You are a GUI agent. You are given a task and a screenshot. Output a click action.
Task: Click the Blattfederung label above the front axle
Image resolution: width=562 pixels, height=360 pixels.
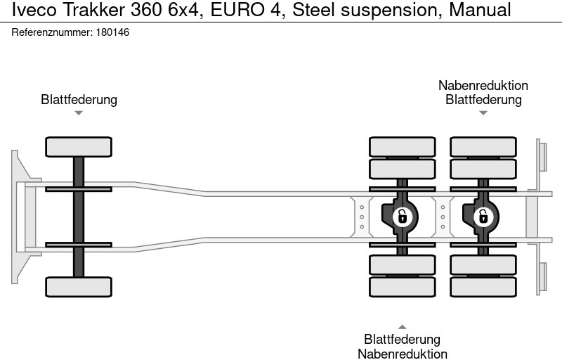pyautogui.click(x=79, y=99)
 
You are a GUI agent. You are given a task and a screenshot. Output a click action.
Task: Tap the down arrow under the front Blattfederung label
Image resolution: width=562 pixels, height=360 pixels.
pyautogui.click(x=79, y=112)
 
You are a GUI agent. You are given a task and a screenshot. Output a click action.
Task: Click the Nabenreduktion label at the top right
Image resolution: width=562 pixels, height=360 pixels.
pyautogui.click(x=483, y=85)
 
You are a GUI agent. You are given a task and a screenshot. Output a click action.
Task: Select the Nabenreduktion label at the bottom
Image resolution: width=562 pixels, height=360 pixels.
pyautogui.click(x=403, y=354)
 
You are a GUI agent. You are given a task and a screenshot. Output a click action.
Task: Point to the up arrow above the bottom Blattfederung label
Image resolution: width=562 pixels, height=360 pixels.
pyautogui.click(x=403, y=326)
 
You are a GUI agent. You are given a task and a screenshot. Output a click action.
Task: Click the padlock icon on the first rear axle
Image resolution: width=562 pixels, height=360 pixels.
pyautogui.click(x=403, y=217)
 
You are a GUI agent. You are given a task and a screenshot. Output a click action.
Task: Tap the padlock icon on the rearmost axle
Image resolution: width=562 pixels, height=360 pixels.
pyautogui.click(x=483, y=217)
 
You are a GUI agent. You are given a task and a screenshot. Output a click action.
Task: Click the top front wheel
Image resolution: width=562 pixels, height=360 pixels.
pyautogui.click(x=79, y=147)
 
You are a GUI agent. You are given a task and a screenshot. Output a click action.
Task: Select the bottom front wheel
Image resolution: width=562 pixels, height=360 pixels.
pyautogui.click(x=79, y=286)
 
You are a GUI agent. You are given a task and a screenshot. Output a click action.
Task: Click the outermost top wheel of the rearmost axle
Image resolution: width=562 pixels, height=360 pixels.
pyautogui.click(x=483, y=147)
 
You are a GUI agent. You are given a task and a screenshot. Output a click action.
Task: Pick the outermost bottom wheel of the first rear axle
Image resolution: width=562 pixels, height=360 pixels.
pyautogui.click(x=403, y=287)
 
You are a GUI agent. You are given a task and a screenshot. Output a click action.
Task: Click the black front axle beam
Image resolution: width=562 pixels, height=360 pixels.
pyautogui.click(x=79, y=217)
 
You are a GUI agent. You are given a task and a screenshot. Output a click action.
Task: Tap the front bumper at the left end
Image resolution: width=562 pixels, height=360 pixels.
pyautogui.click(x=21, y=217)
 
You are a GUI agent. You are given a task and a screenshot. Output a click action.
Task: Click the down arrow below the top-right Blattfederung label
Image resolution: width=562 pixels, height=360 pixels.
pyautogui.click(x=483, y=112)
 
